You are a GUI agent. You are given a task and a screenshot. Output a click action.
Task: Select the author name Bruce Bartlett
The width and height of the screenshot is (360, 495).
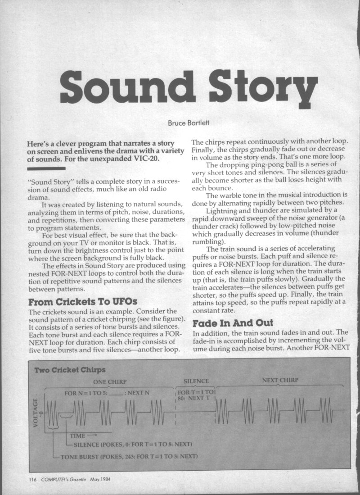(179, 122)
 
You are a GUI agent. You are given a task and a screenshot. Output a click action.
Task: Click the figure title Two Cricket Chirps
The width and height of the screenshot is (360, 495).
(70, 370)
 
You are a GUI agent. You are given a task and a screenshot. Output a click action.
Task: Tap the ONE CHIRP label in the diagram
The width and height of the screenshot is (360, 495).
(110, 381)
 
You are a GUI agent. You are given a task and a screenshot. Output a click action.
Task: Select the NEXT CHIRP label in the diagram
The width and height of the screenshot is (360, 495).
(280, 380)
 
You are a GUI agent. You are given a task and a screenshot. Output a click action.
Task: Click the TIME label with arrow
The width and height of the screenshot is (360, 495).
(83, 436)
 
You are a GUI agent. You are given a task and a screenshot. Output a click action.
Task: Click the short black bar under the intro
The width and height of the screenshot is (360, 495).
(46, 168)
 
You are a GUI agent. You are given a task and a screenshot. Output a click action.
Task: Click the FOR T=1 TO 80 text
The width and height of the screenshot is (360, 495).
(195, 395)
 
